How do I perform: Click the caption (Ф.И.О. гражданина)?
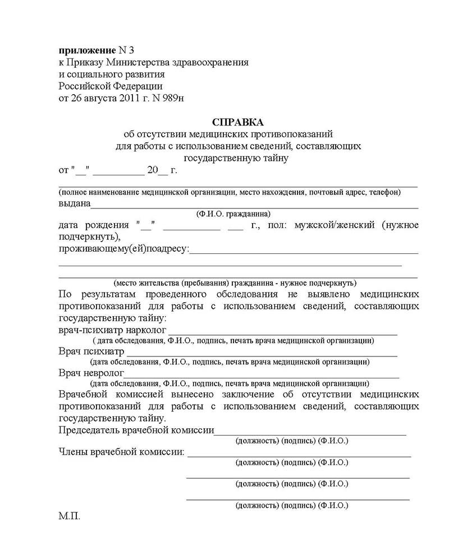click(x=233, y=214)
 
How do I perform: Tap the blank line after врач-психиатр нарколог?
click(x=283, y=333)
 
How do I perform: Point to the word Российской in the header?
click(x=84, y=86)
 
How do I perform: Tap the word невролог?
click(x=103, y=373)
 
